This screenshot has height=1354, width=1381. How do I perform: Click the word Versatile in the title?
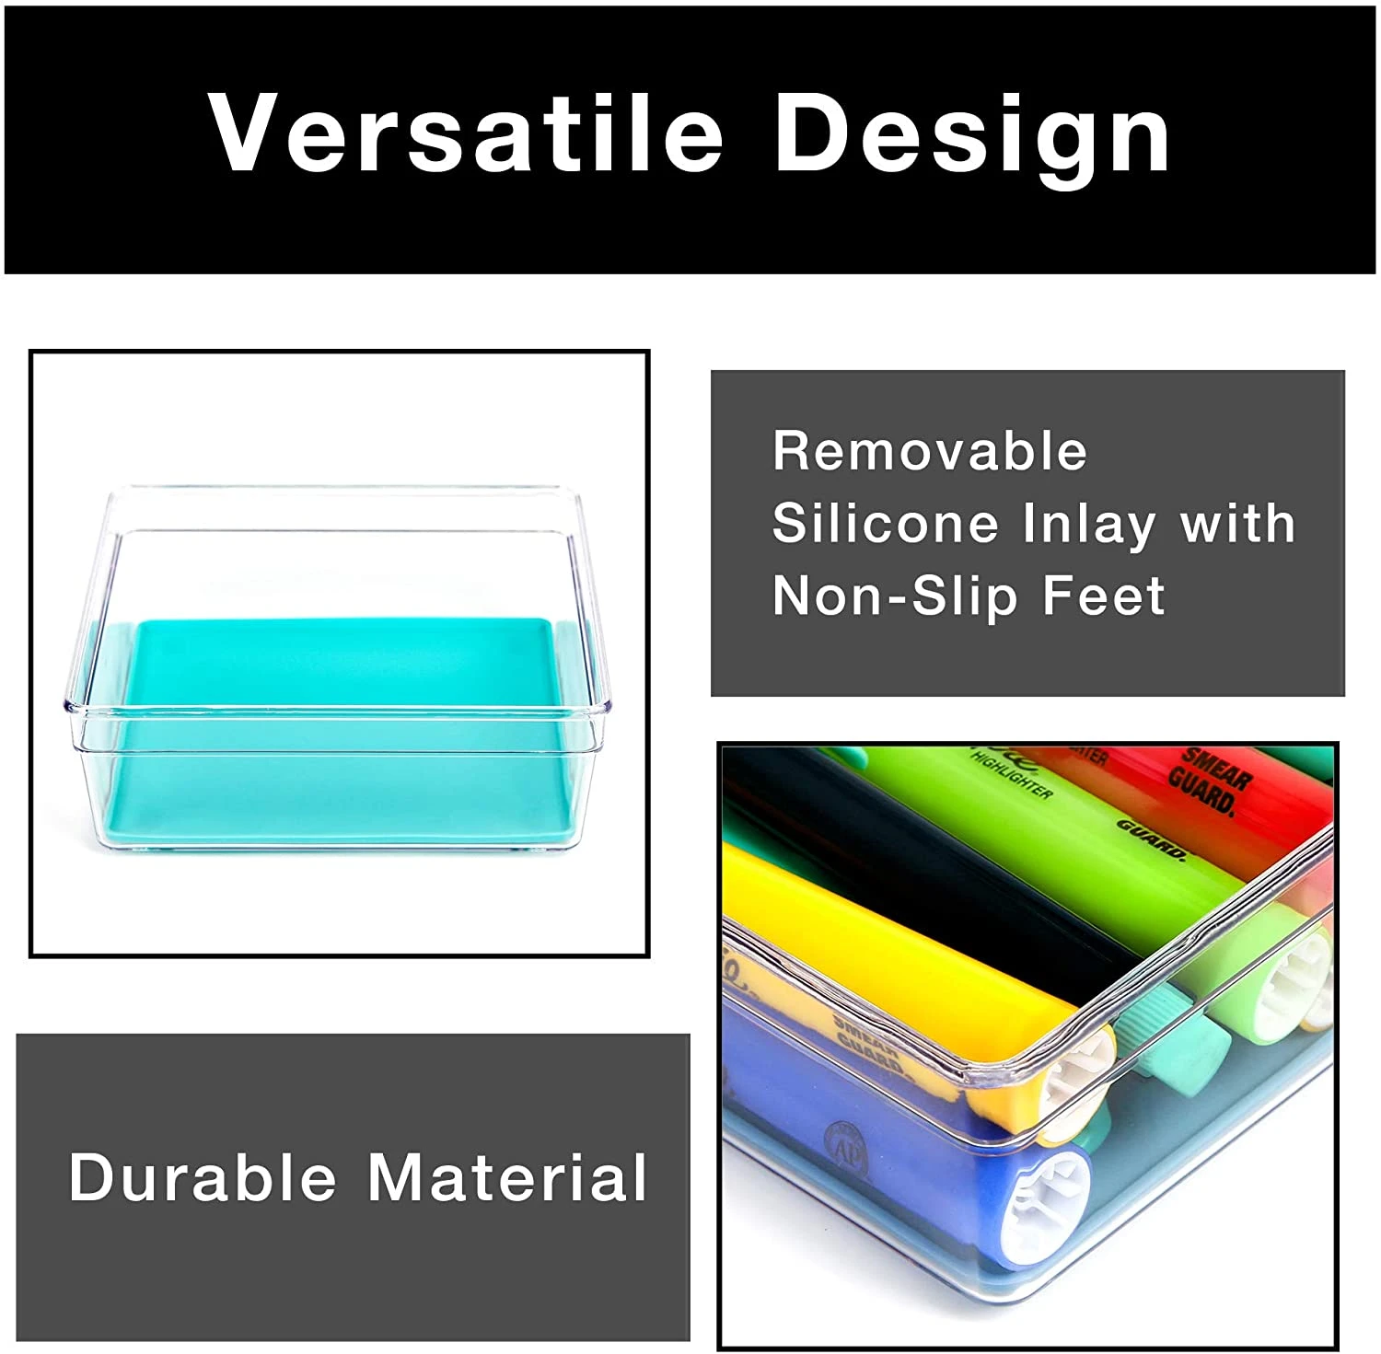tap(465, 133)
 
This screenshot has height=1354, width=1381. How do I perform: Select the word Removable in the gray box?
tap(930, 451)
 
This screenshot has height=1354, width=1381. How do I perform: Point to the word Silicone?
tap(885, 523)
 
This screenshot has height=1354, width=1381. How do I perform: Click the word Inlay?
tap(1089, 525)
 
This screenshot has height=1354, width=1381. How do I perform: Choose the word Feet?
tap(1104, 596)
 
